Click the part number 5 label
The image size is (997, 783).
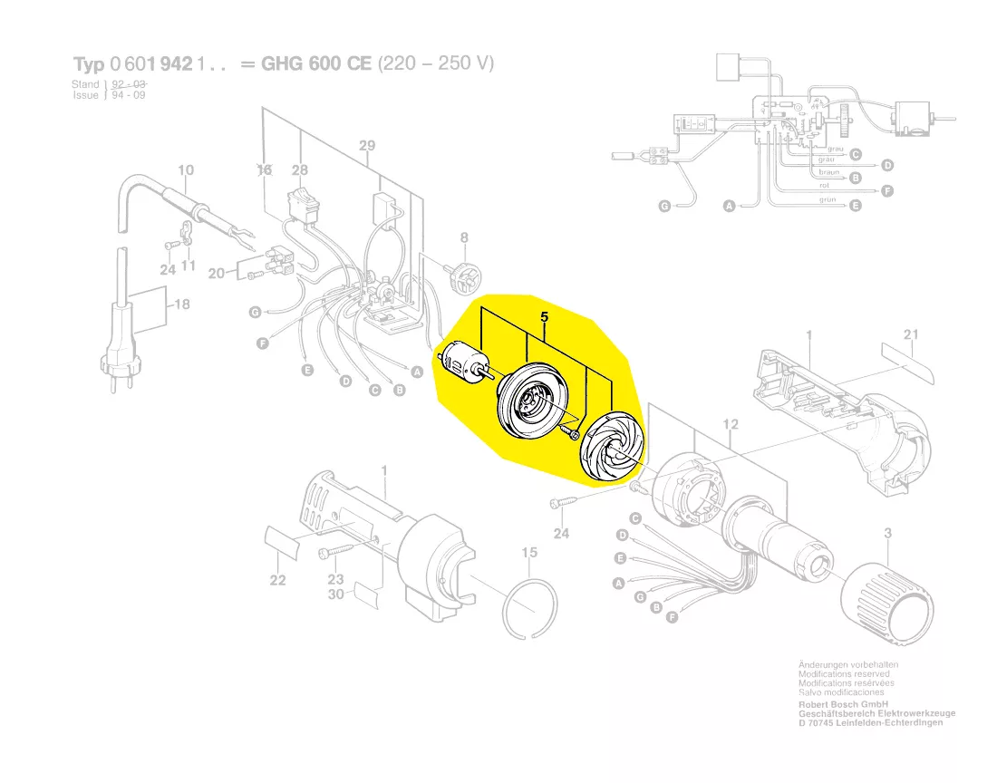544,318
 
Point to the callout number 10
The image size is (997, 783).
186,169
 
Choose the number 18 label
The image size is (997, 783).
181,304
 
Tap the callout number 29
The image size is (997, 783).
367,146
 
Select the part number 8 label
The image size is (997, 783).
464,238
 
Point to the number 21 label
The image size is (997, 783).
911,335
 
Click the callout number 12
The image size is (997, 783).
731,424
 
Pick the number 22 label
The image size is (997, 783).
277,580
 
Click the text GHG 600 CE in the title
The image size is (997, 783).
318,64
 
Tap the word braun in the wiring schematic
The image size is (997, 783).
829,172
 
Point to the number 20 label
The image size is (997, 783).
216,273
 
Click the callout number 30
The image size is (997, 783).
335,594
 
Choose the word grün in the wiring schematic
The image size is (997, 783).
828,199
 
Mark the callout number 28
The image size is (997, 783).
300,170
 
